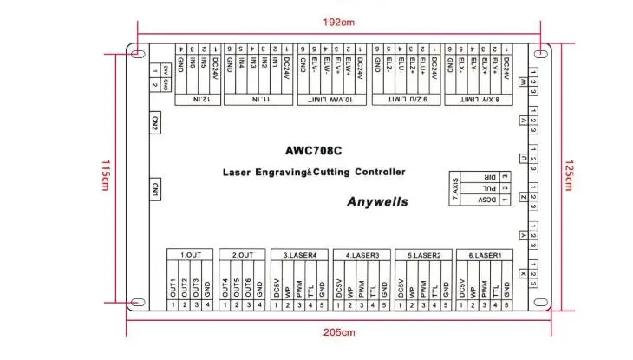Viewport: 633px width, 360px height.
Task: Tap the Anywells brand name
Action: coord(377,201)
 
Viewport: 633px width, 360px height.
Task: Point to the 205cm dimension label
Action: coord(339,332)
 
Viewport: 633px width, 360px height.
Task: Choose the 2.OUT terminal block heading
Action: coord(242,255)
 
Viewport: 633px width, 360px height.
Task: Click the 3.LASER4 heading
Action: coord(300,255)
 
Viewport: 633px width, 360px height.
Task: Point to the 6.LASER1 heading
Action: coord(486,255)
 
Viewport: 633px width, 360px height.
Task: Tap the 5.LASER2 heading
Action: coord(424,255)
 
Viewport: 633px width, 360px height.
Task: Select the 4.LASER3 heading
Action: coord(362,255)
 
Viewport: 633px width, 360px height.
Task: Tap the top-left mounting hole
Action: coord(137,54)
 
